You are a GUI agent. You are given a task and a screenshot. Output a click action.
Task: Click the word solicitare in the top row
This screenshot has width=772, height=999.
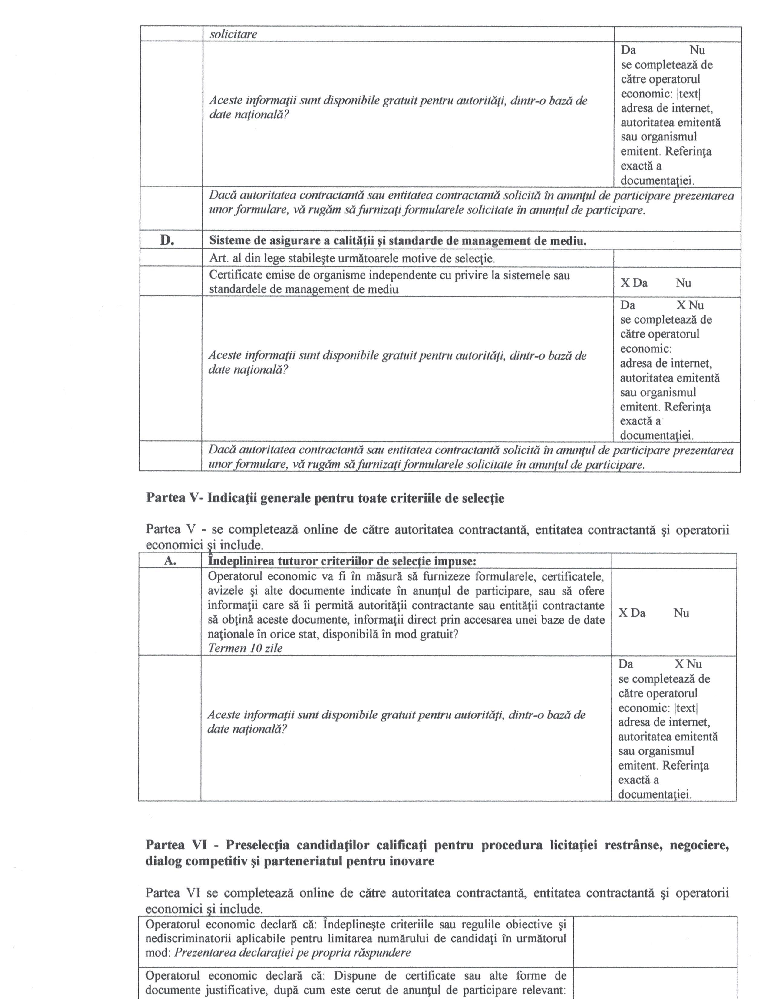(233, 34)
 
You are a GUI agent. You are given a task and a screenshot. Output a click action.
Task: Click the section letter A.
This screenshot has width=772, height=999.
(170, 561)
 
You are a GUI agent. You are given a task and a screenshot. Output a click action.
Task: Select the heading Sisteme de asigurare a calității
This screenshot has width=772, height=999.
(398, 241)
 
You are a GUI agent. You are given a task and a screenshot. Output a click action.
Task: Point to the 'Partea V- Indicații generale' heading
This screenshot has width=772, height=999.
(325, 498)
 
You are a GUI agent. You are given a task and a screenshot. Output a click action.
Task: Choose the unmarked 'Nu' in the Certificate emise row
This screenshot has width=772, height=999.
(683, 283)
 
